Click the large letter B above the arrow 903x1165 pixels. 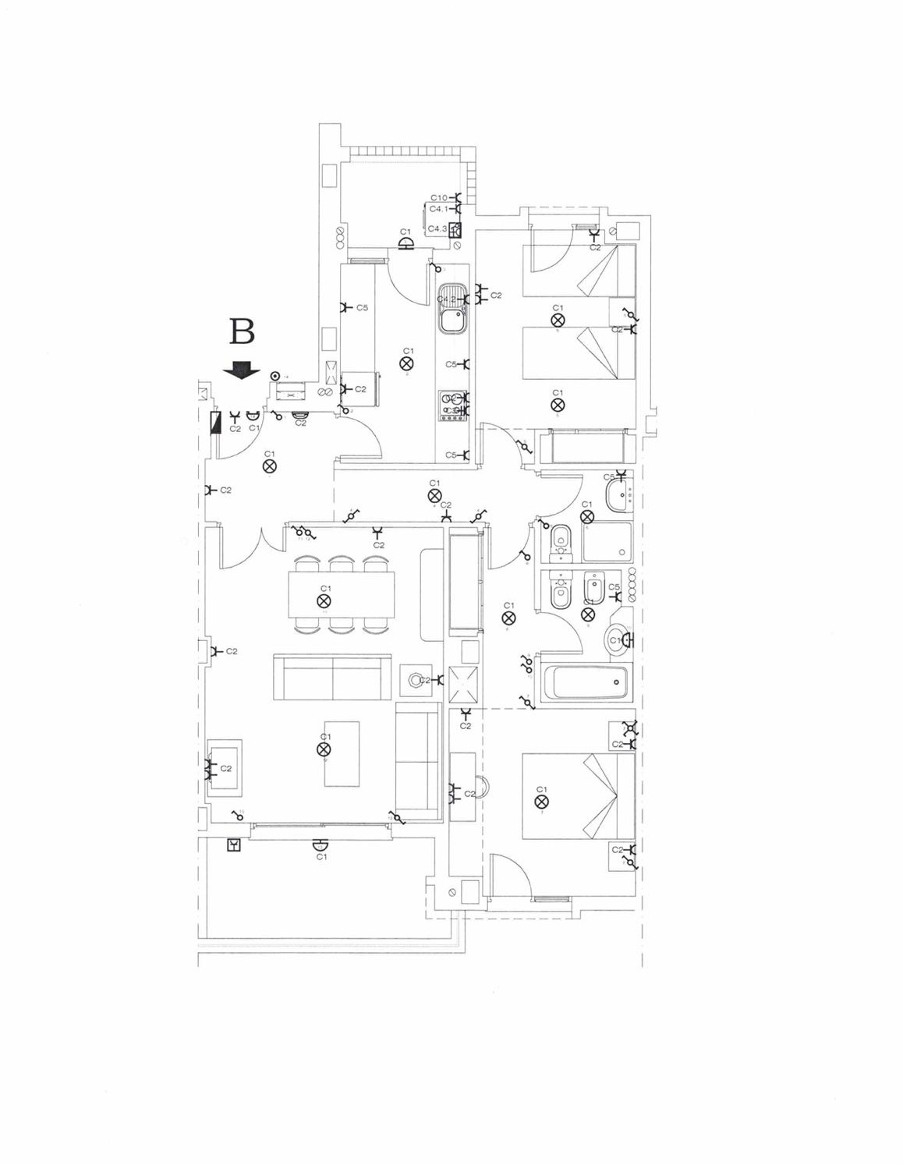tap(242, 332)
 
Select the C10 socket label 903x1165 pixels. tap(438, 198)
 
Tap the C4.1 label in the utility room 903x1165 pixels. tap(438, 210)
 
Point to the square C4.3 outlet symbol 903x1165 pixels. tap(455, 229)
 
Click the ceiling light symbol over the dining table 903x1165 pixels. tap(324, 600)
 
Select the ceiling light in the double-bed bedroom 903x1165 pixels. tap(541, 802)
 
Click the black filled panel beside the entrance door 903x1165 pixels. tap(216, 422)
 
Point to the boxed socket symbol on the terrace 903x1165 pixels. tap(233, 845)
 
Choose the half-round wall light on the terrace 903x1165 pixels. tap(319, 845)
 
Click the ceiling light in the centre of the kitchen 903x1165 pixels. tap(406, 363)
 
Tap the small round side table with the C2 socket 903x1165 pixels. tap(414, 680)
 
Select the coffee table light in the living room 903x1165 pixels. tap(324, 749)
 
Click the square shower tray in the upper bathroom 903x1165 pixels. tap(607, 541)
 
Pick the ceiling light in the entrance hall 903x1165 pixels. tap(269, 466)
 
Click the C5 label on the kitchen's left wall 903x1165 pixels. tap(362, 308)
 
